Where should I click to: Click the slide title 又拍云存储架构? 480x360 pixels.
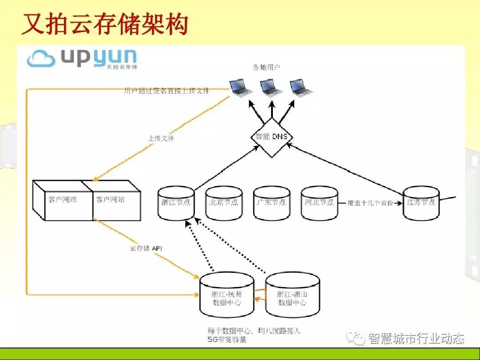click(x=105, y=24)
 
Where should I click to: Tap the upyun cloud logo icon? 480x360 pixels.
click(x=41, y=58)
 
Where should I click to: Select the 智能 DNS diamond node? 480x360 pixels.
click(x=271, y=137)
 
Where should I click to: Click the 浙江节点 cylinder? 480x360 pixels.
click(x=176, y=203)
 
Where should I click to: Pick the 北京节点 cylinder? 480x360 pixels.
click(x=224, y=203)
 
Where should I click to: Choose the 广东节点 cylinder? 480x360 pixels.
click(x=271, y=203)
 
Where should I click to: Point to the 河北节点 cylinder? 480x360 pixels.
click(x=319, y=203)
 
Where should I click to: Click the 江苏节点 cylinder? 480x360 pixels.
click(x=421, y=203)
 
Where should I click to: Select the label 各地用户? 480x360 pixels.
click(x=267, y=67)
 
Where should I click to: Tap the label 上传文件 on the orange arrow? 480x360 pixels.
click(x=161, y=139)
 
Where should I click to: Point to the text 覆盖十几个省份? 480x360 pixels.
click(x=370, y=202)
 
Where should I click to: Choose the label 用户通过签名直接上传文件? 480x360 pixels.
click(x=166, y=91)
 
